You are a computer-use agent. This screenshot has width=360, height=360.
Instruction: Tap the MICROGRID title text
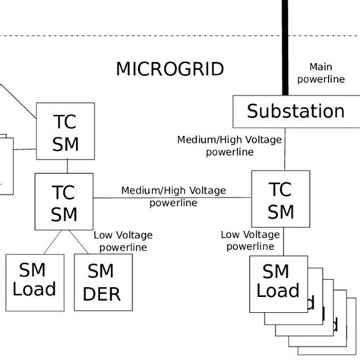(169, 69)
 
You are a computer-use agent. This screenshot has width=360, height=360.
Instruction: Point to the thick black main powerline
(286, 46)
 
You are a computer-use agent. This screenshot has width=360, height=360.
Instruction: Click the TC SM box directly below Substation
(280, 200)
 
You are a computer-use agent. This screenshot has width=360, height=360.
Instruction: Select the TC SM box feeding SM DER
(65, 202)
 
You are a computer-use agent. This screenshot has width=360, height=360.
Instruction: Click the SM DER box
(103, 282)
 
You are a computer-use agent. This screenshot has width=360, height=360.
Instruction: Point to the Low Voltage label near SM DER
(122, 241)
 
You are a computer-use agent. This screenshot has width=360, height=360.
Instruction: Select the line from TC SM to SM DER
(82, 242)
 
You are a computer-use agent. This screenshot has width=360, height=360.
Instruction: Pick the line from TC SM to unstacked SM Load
(51, 242)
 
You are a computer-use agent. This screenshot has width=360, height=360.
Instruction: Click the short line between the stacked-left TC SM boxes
(66, 166)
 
